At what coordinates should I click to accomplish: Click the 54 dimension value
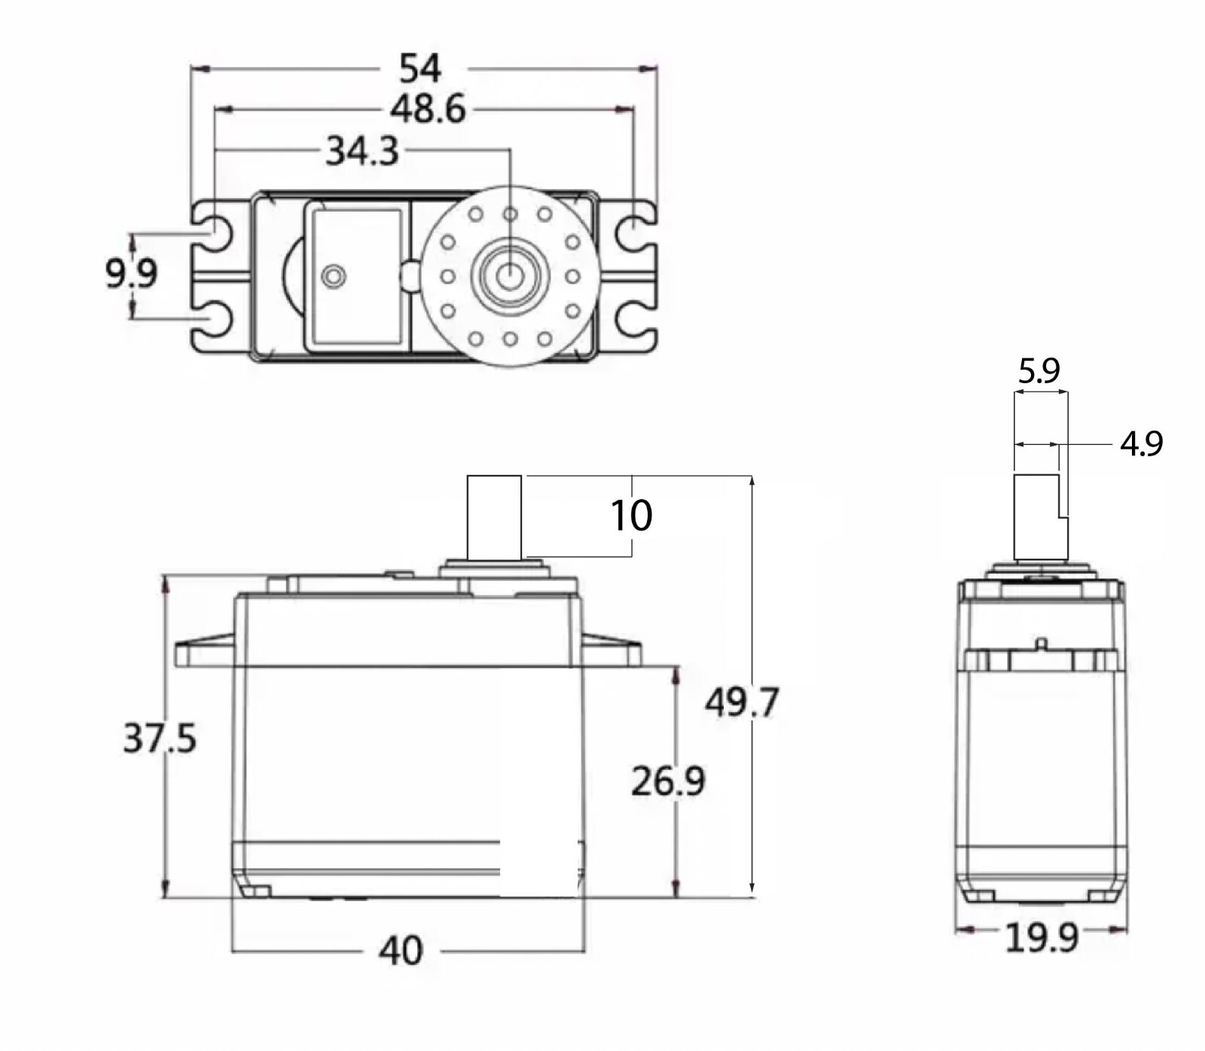[x=419, y=69]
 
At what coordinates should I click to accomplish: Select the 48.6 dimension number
[x=428, y=109]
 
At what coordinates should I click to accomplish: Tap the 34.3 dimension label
[x=362, y=151]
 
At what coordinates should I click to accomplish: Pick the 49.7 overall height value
[x=741, y=702]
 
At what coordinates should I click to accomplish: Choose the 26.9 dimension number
[x=668, y=781]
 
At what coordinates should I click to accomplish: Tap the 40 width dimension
[x=401, y=951]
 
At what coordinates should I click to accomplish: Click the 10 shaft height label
[x=631, y=516]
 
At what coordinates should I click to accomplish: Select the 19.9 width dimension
[x=1042, y=937]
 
